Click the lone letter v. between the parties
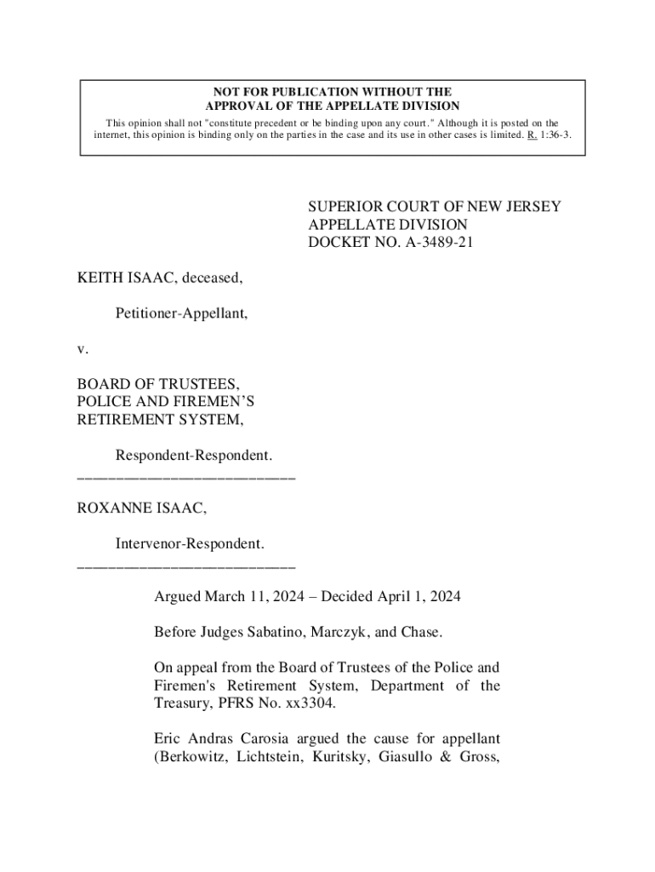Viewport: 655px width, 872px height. (x=81, y=348)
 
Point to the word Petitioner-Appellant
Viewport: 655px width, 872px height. (x=181, y=313)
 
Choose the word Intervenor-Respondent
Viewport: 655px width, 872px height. (x=189, y=542)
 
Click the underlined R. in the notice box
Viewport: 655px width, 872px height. (x=532, y=135)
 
